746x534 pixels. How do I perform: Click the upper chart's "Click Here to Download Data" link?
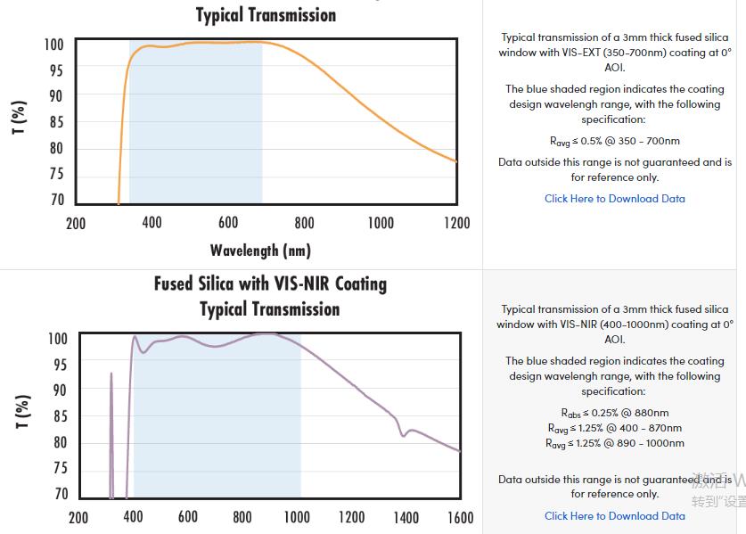[615, 199]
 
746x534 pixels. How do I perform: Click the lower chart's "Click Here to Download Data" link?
[615, 515]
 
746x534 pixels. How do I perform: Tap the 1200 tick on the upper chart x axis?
[456, 223]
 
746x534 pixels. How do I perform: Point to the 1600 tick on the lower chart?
[460, 517]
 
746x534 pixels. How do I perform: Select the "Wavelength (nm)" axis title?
[260, 251]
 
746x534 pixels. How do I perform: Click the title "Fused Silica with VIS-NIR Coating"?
[270, 284]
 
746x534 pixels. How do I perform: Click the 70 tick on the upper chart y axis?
[56, 201]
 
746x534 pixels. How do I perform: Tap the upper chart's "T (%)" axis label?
[20, 118]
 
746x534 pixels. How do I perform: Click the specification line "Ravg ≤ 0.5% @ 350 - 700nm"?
[615, 141]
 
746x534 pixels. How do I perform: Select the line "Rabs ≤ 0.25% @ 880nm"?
[615, 413]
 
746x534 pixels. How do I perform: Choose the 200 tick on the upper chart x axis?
[76, 223]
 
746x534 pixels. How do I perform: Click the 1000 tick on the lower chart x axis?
[296, 517]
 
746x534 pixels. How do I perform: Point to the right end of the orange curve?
[456, 161]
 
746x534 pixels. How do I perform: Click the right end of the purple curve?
[460, 451]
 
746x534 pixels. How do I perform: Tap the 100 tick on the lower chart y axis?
[57, 339]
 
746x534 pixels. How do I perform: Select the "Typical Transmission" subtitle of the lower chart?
[269, 309]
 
